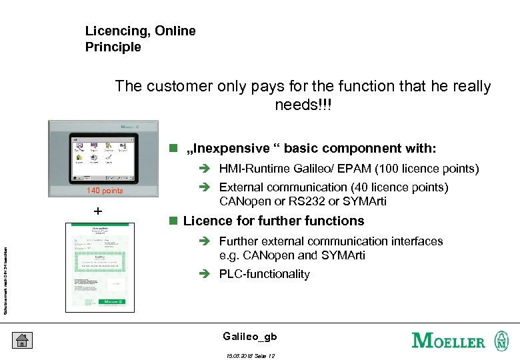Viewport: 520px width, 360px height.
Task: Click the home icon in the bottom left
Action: [x=22, y=340]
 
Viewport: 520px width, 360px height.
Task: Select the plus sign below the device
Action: [x=98, y=211]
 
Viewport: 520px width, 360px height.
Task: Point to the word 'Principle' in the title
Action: [x=113, y=47]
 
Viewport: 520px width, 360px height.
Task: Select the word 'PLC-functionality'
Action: [x=265, y=274]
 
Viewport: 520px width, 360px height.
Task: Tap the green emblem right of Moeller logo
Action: [x=501, y=340]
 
